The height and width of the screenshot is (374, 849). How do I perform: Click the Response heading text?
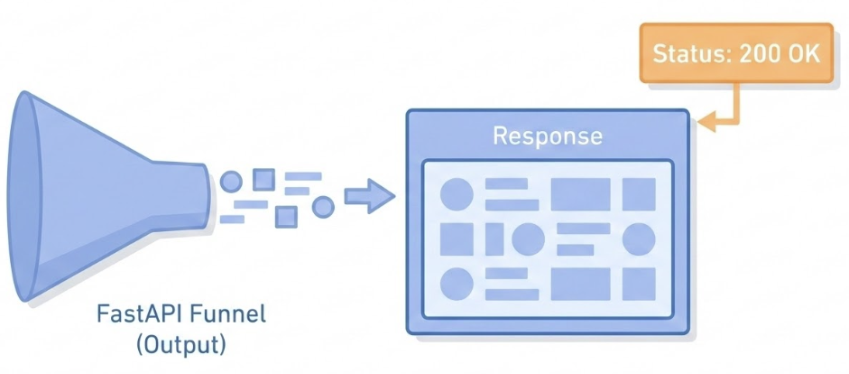coord(547,136)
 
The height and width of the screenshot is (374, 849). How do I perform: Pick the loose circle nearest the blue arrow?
coord(322,207)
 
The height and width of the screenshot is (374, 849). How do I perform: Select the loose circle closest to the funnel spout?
coord(231,181)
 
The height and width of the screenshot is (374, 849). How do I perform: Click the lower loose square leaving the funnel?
coord(286,217)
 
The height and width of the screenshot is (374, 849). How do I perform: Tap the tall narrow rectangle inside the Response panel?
coord(494,239)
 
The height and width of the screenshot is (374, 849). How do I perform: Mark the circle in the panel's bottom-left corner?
coord(457,284)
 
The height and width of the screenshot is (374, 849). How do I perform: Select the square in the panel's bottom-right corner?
coord(639,284)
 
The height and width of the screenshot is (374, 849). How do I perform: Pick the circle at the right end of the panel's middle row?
coord(639,239)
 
